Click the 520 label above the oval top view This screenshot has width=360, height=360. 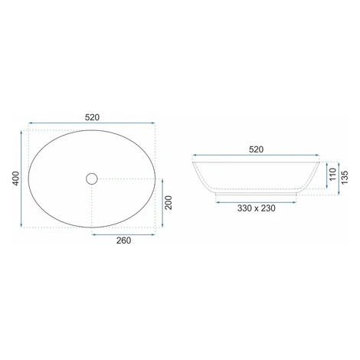[92, 117]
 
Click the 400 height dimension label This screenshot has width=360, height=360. [16, 178]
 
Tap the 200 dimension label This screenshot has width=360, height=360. [169, 203]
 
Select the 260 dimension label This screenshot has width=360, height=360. [123, 241]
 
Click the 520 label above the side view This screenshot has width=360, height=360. [256, 149]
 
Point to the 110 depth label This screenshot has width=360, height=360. [333, 175]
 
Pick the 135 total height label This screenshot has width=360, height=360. [345, 178]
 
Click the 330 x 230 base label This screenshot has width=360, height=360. [257, 208]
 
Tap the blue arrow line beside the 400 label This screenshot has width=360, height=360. [21, 178]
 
